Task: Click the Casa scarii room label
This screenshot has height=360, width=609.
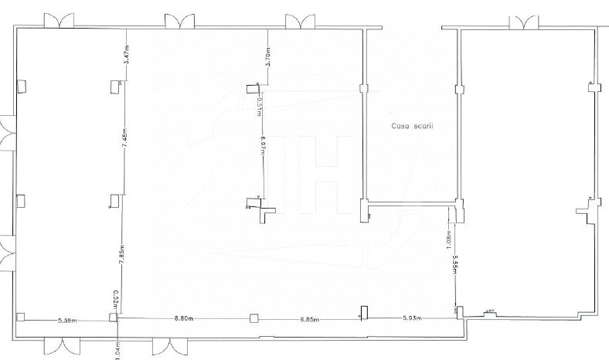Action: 410,126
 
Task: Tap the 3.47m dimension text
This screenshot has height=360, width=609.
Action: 126,56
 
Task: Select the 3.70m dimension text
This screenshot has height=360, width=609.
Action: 267,56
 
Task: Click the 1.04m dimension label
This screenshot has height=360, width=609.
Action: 117,348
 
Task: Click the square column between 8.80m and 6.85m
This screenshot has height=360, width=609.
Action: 252,318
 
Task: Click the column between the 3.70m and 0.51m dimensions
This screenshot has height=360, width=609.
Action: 252,88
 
